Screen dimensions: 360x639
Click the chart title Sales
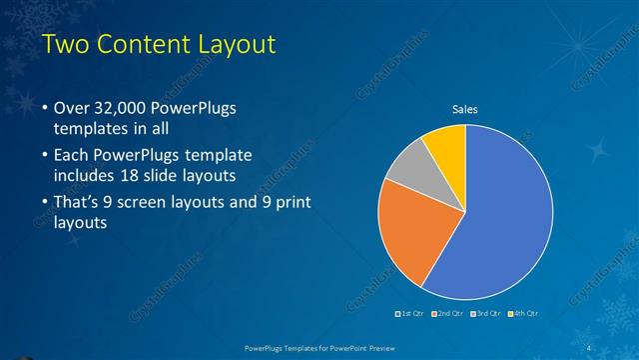click(465, 109)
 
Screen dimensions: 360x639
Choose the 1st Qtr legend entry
click(411, 313)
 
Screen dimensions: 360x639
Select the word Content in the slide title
click(142, 44)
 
